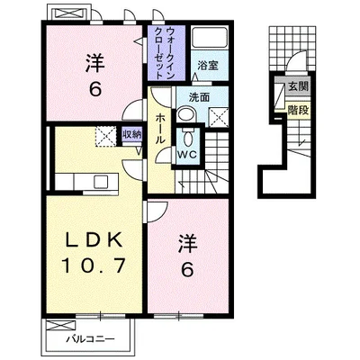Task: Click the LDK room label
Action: point(94,239)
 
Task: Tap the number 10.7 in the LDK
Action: point(94,265)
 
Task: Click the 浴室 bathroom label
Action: point(208,66)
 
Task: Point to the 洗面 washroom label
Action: point(199,97)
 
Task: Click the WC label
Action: point(186,155)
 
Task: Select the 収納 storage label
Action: point(131,134)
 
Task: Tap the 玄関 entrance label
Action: point(298,86)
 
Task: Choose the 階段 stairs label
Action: point(298,111)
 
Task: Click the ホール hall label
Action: point(160,129)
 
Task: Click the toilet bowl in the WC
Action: point(188,139)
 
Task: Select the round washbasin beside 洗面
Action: point(185,115)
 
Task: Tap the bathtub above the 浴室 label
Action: point(210,38)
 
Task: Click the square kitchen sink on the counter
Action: point(101,181)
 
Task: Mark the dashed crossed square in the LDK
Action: point(105,137)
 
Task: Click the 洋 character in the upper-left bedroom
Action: point(94,63)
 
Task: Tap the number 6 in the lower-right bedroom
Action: point(187,270)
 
